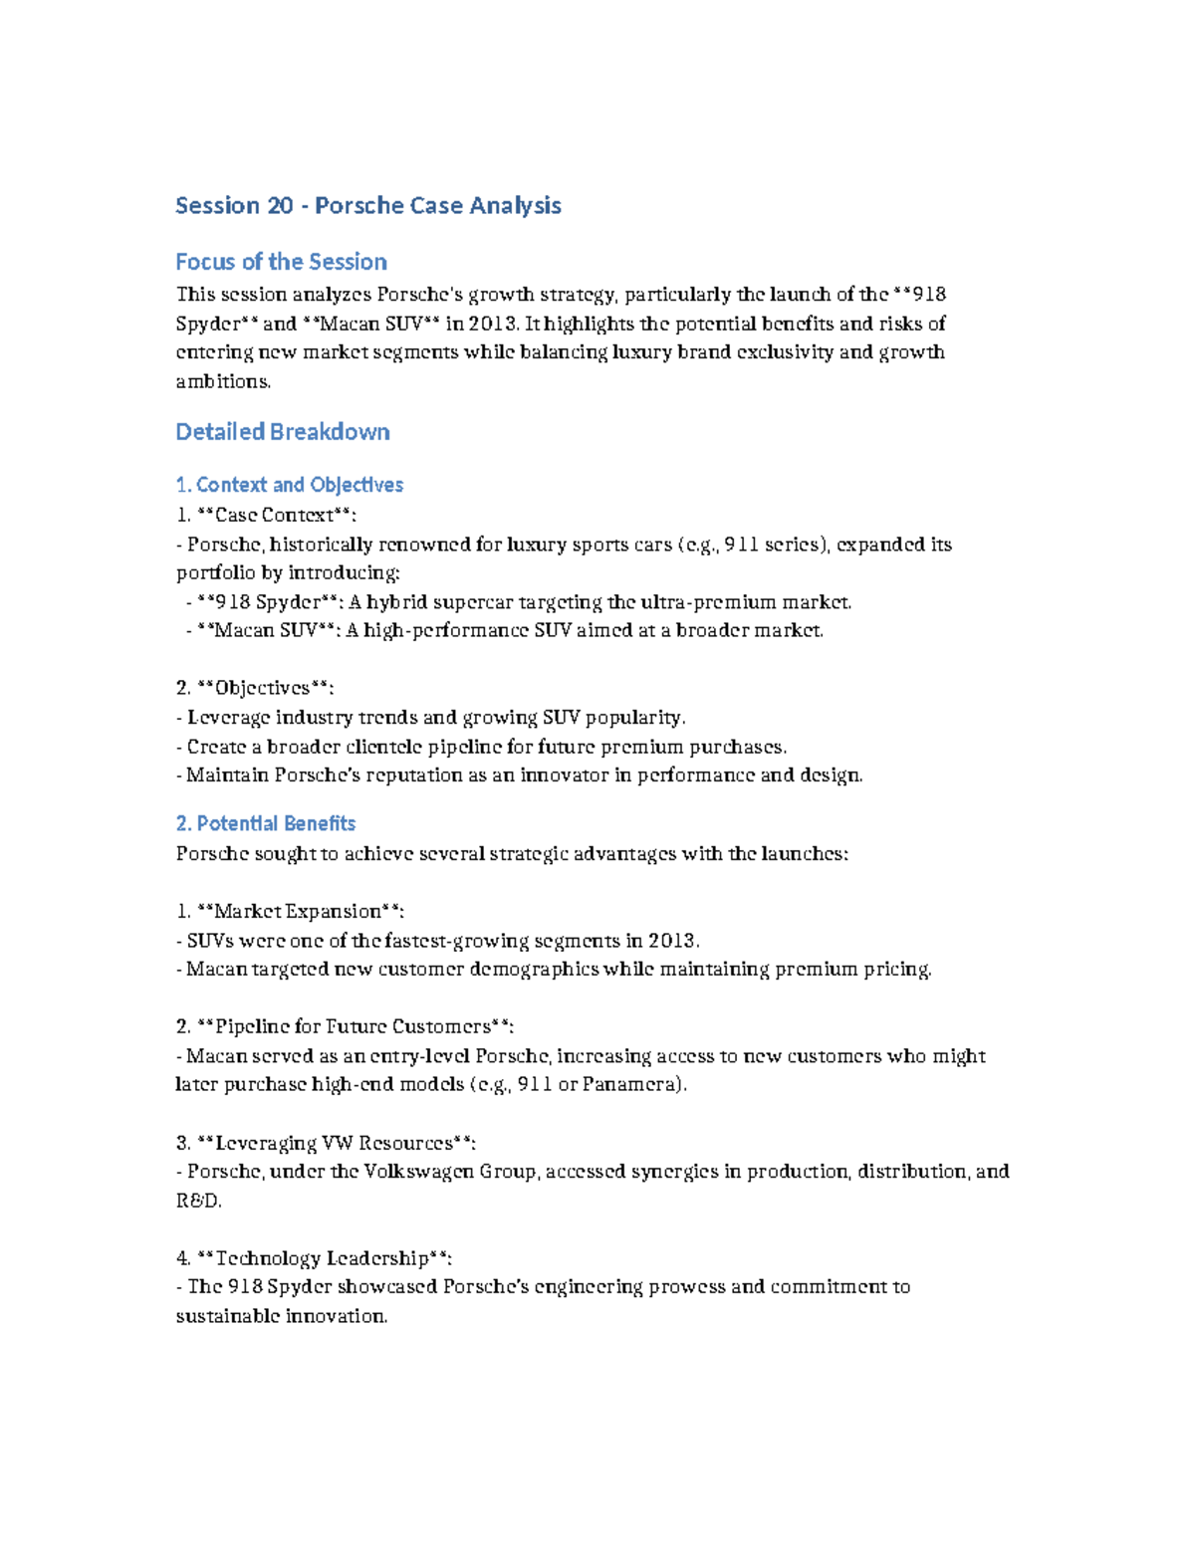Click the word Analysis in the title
[x=515, y=206]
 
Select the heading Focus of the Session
[x=281, y=262]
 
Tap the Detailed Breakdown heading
[x=283, y=432]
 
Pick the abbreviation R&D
[x=197, y=1201]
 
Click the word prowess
[x=686, y=1286]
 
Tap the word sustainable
[x=227, y=1316]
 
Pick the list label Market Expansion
[x=298, y=911]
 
